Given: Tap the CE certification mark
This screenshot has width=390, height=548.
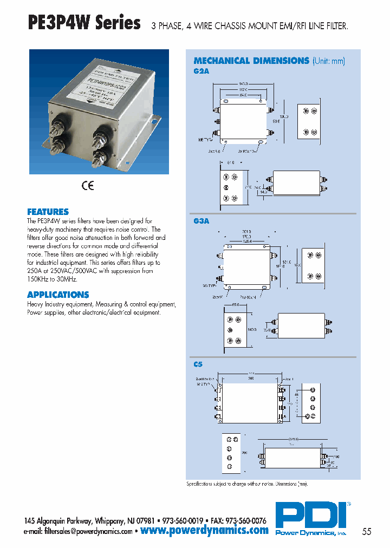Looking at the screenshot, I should [88, 186].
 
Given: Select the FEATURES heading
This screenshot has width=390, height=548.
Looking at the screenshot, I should [48, 212].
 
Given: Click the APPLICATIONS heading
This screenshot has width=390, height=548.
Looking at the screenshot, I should [58, 295].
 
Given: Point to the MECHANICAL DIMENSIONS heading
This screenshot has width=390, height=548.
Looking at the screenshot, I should [251, 61].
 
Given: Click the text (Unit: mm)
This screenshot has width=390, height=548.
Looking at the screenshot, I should [328, 61].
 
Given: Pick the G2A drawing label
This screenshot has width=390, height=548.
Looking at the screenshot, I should [201, 70].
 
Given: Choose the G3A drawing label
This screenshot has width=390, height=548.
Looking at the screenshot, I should [201, 221].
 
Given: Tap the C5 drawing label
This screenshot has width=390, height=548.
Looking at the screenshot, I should [198, 365].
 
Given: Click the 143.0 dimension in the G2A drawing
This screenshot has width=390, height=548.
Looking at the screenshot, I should [243, 83].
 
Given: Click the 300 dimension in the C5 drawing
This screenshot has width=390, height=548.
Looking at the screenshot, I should [250, 379].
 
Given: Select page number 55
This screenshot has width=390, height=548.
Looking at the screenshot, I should [367, 532].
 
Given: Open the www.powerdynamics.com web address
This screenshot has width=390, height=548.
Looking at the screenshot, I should [204, 531].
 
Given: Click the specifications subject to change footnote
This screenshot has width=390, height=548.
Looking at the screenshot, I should [250, 483].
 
